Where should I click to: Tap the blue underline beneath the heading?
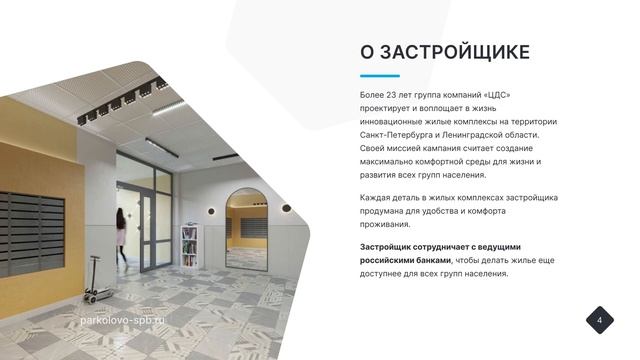(x=379, y=75)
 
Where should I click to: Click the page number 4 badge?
(x=599, y=320)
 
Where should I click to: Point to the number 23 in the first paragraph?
(x=400, y=93)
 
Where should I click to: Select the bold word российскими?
(x=389, y=260)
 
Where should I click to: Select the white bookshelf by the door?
(x=188, y=246)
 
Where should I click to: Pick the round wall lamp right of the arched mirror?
(x=286, y=208)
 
